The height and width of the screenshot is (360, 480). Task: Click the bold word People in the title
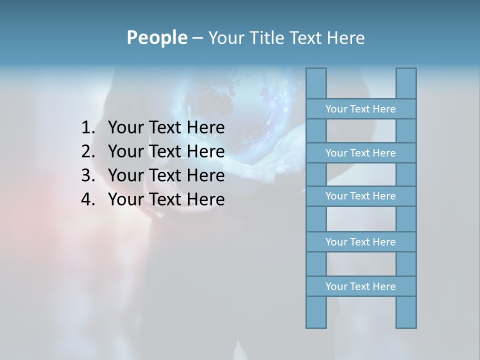[156, 37]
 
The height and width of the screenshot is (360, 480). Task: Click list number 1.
[87, 128]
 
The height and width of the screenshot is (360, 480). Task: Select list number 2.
[87, 151]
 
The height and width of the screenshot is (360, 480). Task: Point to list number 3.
[87, 175]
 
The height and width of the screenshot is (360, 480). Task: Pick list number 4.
[87, 199]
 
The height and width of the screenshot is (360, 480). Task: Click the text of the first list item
[166, 128]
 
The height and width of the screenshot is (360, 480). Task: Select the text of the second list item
[166, 151]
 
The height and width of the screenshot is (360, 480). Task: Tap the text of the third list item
[166, 175]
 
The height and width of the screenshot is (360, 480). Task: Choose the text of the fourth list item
[166, 199]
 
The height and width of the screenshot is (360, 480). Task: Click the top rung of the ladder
[360, 109]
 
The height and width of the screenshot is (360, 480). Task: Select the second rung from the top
[360, 153]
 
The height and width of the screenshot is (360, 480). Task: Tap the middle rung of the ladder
[360, 196]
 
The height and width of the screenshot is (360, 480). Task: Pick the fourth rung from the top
[360, 242]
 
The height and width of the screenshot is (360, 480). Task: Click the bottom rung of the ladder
[360, 286]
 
